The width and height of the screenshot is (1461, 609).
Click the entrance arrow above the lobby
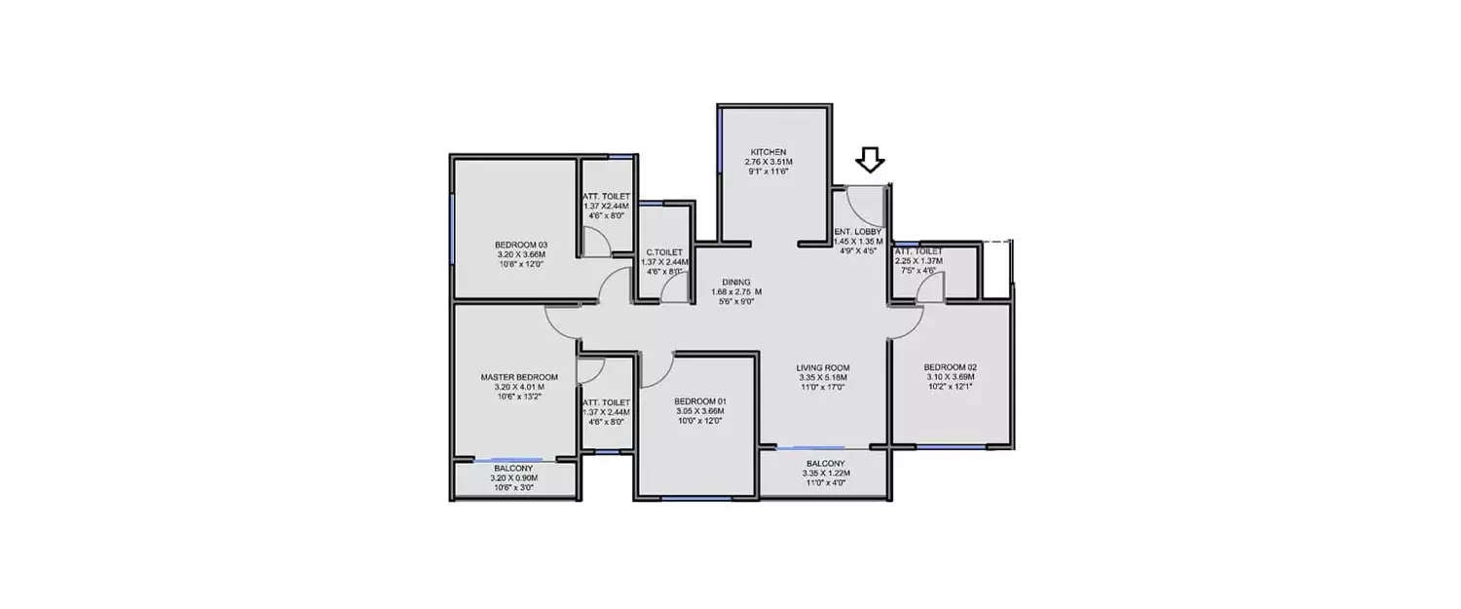pos(869,160)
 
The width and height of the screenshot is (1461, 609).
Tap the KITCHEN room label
pos(768,151)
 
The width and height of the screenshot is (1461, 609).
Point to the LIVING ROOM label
pos(823,367)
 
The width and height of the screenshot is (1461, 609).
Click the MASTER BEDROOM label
pos(519,377)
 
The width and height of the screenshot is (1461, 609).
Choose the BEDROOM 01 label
pos(699,401)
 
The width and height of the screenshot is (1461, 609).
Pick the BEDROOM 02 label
pos(950,367)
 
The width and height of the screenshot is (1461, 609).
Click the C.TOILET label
pos(663,251)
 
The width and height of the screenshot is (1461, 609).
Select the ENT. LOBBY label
pos(858,232)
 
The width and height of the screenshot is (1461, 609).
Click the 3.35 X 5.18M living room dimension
pos(823,377)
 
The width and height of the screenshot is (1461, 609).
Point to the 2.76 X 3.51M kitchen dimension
pos(768,161)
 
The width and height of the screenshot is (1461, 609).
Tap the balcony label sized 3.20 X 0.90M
pos(515,469)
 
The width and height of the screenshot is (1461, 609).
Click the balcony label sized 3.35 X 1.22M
pos(826,464)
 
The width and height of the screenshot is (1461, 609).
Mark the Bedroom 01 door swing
pos(656,367)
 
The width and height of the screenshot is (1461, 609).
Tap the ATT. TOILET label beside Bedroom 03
pos(606,196)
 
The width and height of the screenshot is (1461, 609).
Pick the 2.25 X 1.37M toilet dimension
pos(918,260)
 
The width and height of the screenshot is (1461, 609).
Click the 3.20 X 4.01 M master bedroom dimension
pos(519,387)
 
